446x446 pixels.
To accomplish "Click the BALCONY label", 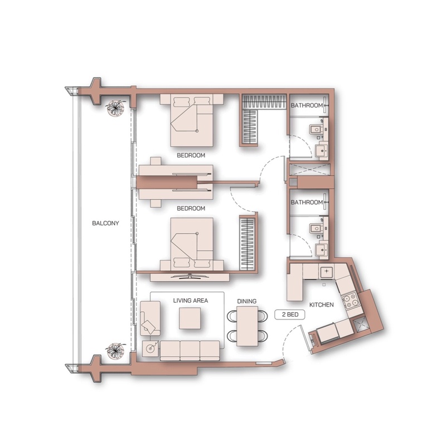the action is coord(105,224).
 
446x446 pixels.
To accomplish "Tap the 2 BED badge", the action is coord(290,314).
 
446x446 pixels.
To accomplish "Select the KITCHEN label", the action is coord(322,305).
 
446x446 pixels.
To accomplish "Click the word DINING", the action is coord(246,301).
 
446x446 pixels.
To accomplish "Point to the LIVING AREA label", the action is coord(191,300).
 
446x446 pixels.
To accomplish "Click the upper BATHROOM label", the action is coord(307,105).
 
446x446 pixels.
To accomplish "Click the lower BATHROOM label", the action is coord(307,202).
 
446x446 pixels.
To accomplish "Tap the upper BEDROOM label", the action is coord(191,156).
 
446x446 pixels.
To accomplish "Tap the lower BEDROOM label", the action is coord(191,209).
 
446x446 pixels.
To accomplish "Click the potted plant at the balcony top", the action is coord(115,108).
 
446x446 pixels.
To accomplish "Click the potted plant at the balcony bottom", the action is coord(115,351).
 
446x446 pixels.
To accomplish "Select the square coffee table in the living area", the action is coord(190,318).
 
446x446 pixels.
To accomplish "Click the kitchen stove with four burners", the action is coord(351,302).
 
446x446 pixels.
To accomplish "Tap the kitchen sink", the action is coord(326,272).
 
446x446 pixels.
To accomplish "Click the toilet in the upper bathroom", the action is coord(316,130).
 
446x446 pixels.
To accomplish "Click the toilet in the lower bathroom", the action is coord(316,228).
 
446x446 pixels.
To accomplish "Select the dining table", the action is coord(248,326).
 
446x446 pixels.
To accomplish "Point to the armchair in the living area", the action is coord(150,318).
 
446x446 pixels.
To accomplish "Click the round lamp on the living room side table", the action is coord(151,348).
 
